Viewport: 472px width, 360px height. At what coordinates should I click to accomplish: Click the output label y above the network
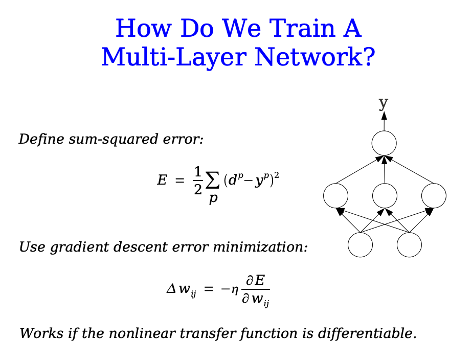click(384, 102)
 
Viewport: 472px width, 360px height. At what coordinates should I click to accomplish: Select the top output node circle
click(385, 143)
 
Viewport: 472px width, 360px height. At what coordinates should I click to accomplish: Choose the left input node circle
click(361, 244)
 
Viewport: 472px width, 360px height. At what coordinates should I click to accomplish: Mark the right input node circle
click(409, 244)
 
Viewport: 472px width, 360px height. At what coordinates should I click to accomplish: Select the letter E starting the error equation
click(162, 181)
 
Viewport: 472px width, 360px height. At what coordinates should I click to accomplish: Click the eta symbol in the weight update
click(234, 289)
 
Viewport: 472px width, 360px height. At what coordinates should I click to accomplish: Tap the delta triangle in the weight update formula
click(170, 289)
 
